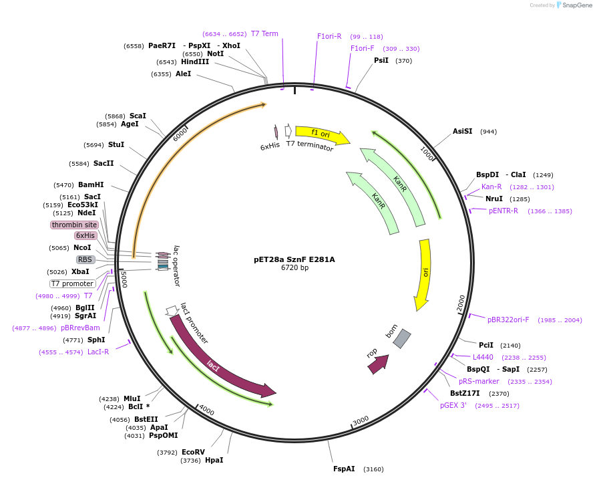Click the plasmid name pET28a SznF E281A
click(294, 259)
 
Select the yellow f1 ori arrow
click(321, 135)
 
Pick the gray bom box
click(402, 339)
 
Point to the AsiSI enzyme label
click(462, 132)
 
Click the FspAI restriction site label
click(344, 469)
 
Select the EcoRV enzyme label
click(193, 452)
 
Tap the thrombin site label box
click(74, 225)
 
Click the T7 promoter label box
click(73, 283)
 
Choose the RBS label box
click(85, 259)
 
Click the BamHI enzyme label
click(91, 185)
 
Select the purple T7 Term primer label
click(264, 33)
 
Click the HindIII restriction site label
click(194, 62)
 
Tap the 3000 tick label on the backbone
click(361, 420)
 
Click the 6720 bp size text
click(294, 268)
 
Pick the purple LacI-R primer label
click(98, 352)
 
